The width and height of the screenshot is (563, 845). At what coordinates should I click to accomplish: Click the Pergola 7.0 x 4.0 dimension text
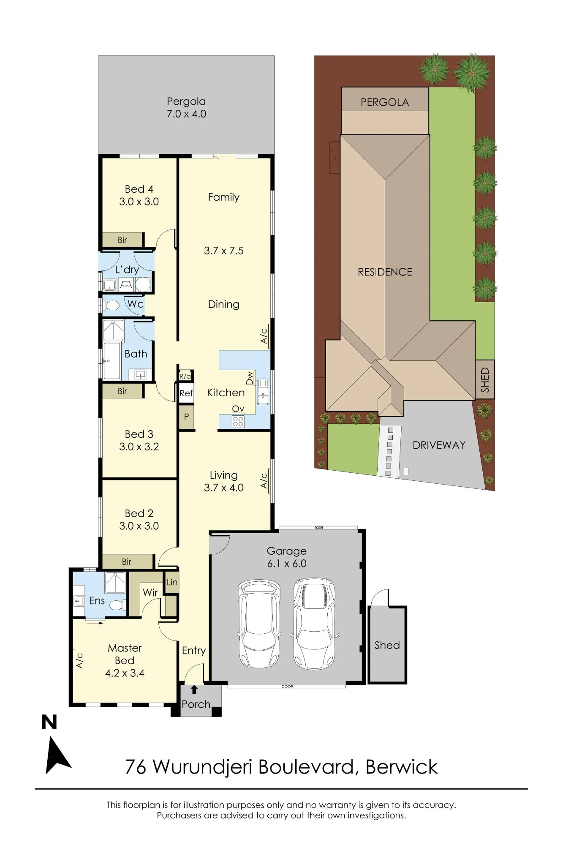186,114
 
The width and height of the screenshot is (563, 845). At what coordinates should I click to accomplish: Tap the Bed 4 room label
139,189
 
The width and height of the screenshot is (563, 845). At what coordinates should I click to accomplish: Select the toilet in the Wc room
112,305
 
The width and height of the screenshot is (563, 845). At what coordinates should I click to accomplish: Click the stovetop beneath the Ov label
238,421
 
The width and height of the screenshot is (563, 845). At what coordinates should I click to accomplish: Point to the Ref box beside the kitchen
186,393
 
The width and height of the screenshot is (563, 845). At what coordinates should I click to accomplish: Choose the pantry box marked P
186,417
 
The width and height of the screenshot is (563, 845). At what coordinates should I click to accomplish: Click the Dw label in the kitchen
250,378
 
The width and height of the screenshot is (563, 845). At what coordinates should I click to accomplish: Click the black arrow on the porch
194,690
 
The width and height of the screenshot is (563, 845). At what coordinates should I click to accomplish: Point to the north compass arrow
57,755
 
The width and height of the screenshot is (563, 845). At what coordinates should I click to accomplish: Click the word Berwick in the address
401,767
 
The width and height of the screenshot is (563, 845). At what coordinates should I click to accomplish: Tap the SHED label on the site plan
485,379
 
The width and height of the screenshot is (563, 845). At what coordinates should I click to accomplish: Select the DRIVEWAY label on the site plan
439,445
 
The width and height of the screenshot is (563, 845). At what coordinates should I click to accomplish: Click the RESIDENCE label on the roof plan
385,272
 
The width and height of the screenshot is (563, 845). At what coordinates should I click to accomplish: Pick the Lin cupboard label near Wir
172,582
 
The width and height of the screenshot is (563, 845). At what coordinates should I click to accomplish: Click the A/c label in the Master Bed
79,661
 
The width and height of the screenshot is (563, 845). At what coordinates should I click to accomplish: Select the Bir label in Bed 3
122,391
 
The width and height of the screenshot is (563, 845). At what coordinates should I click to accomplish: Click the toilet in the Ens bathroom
117,605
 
